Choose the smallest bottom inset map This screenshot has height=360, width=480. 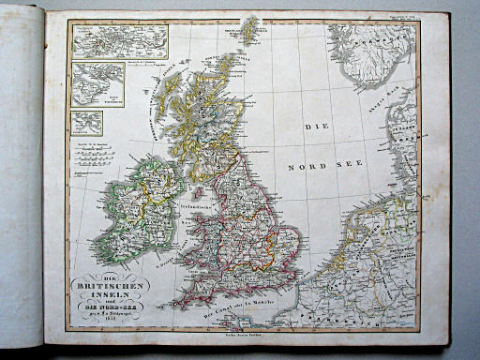[87, 123]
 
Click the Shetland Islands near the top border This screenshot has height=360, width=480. [247, 30]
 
